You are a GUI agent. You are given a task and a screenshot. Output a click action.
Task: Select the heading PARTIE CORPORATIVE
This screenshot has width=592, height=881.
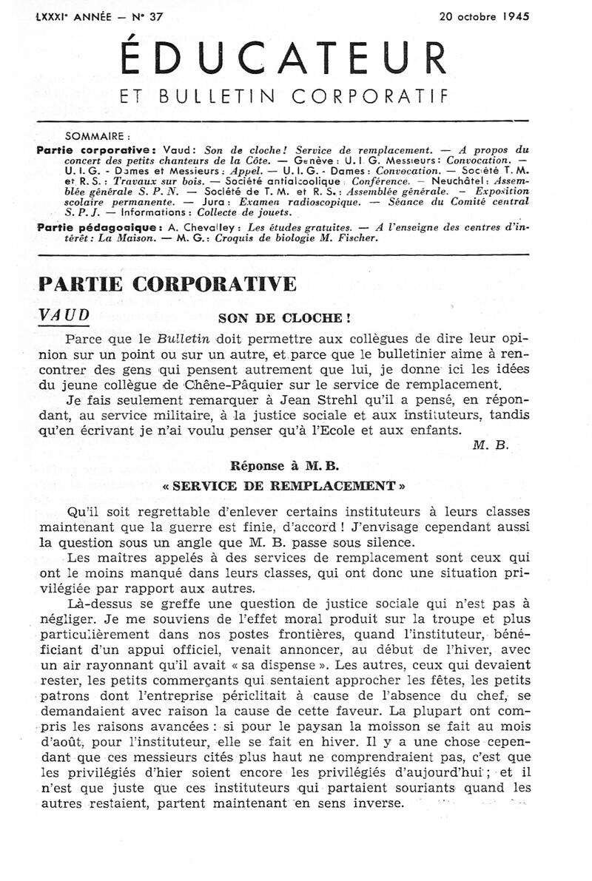(x=166, y=284)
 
